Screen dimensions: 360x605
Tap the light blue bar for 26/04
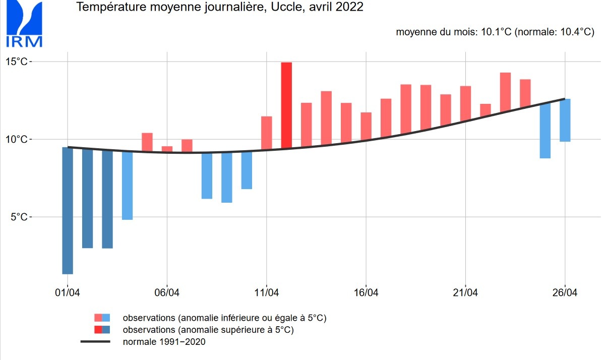click(565, 120)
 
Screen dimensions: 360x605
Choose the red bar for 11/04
click(266, 133)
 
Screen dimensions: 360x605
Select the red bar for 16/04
click(366, 127)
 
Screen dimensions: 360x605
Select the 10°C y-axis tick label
click(18, 139)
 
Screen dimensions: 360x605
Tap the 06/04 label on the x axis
click(167, 293)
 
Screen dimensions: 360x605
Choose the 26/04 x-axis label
click(565, 293)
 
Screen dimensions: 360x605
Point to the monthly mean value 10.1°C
click(496, 32)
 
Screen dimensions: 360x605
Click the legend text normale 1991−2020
click(164, 342)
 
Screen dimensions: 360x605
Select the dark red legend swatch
click(98, 330)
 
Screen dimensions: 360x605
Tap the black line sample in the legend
click(95, 342)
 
